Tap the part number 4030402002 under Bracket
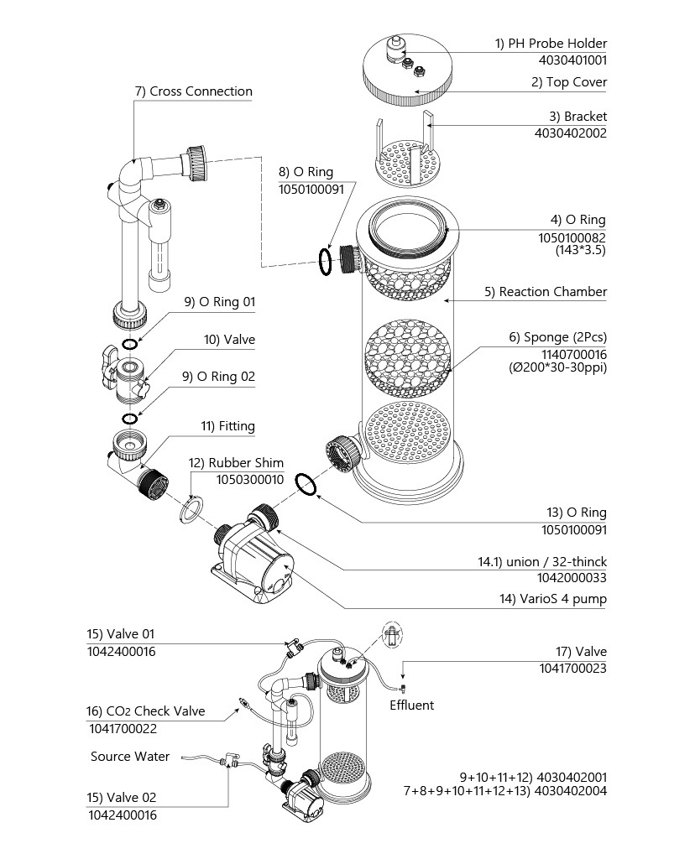click(x=570, y=133)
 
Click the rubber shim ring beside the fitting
click(x=191, y=508)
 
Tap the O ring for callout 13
click(x=307, y=484)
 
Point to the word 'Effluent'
click(x=412, y=705)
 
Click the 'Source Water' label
click(x=130, y=757)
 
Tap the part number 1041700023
click(x=572, y=669)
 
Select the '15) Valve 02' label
click(x=122, y=798)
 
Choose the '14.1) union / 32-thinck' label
click(x=537, y=561)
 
